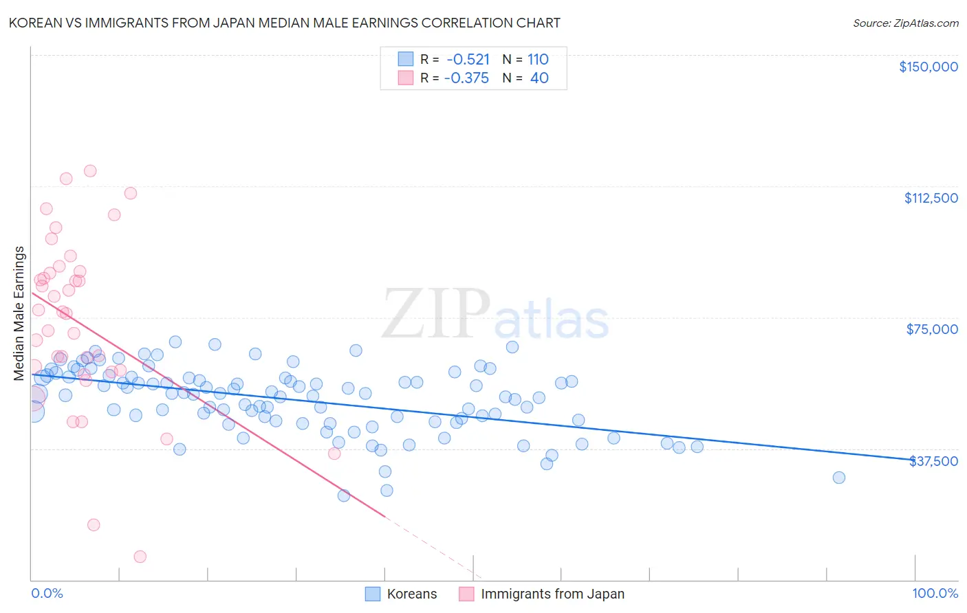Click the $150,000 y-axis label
point(928,67)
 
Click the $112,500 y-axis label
point(931,198)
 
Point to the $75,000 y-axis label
point(932,329)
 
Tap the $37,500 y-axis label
point(933,461)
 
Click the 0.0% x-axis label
point(47,593)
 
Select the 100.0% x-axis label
point(935,593)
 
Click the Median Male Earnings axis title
point(19,313)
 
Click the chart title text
point(284,23)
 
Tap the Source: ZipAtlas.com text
point(905,23)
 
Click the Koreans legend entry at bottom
point(401,594)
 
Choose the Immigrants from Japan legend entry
point(542,594)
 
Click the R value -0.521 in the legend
point(468,59)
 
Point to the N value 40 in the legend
point(539,78)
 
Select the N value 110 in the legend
point(538,59)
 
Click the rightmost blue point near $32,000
point(838,478)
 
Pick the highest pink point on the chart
point(90,171)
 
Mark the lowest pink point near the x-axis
point(140,557)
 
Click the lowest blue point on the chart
point(344,495)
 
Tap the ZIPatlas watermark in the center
point(495,315)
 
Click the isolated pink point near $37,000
point(334,453)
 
